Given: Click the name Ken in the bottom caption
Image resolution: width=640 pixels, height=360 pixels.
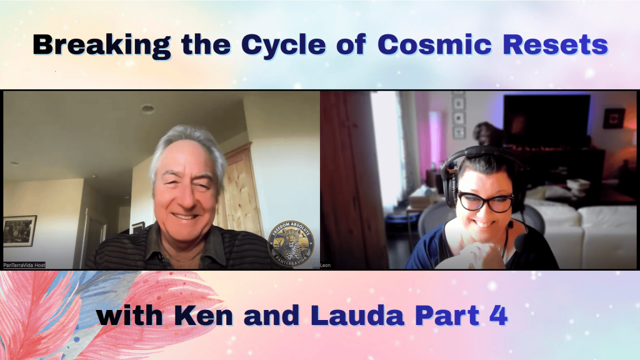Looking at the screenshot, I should tap(210, 316).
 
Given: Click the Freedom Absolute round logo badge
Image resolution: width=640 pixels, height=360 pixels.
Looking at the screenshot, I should tap(291, 244).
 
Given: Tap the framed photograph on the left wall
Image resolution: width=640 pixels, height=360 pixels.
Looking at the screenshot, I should tap(19, 231).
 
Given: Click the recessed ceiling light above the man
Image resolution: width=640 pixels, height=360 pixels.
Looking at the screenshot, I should tap(147, 109).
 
